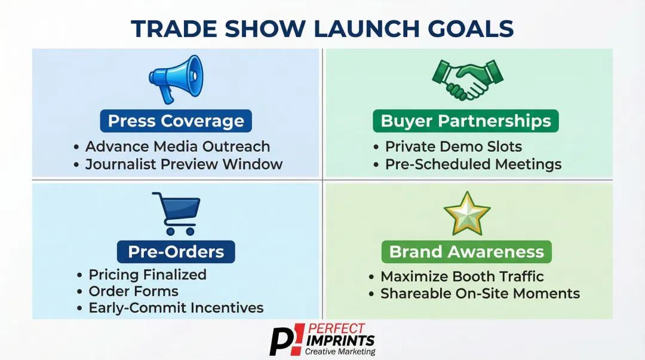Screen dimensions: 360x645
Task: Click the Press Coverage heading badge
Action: point(176,121)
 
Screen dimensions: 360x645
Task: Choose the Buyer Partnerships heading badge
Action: point(466,121)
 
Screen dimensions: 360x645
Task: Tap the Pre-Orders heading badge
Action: point(176,251)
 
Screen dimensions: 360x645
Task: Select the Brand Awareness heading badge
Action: point(466,251)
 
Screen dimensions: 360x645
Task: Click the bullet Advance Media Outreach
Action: point(177,147)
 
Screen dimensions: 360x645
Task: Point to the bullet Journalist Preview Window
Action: point(183,164)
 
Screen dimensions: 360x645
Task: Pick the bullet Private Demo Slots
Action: point(453,147)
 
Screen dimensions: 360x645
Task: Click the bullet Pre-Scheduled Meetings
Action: point(473,164)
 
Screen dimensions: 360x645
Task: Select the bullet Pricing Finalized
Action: point(147,275)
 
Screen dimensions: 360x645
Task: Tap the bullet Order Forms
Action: point(133,291)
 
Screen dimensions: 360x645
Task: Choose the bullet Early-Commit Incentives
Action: point(176,308)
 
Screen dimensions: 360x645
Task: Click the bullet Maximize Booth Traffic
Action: point(462,276)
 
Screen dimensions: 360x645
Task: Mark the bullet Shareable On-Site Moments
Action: point(480,294)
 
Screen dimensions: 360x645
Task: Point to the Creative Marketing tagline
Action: point(340,352)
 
